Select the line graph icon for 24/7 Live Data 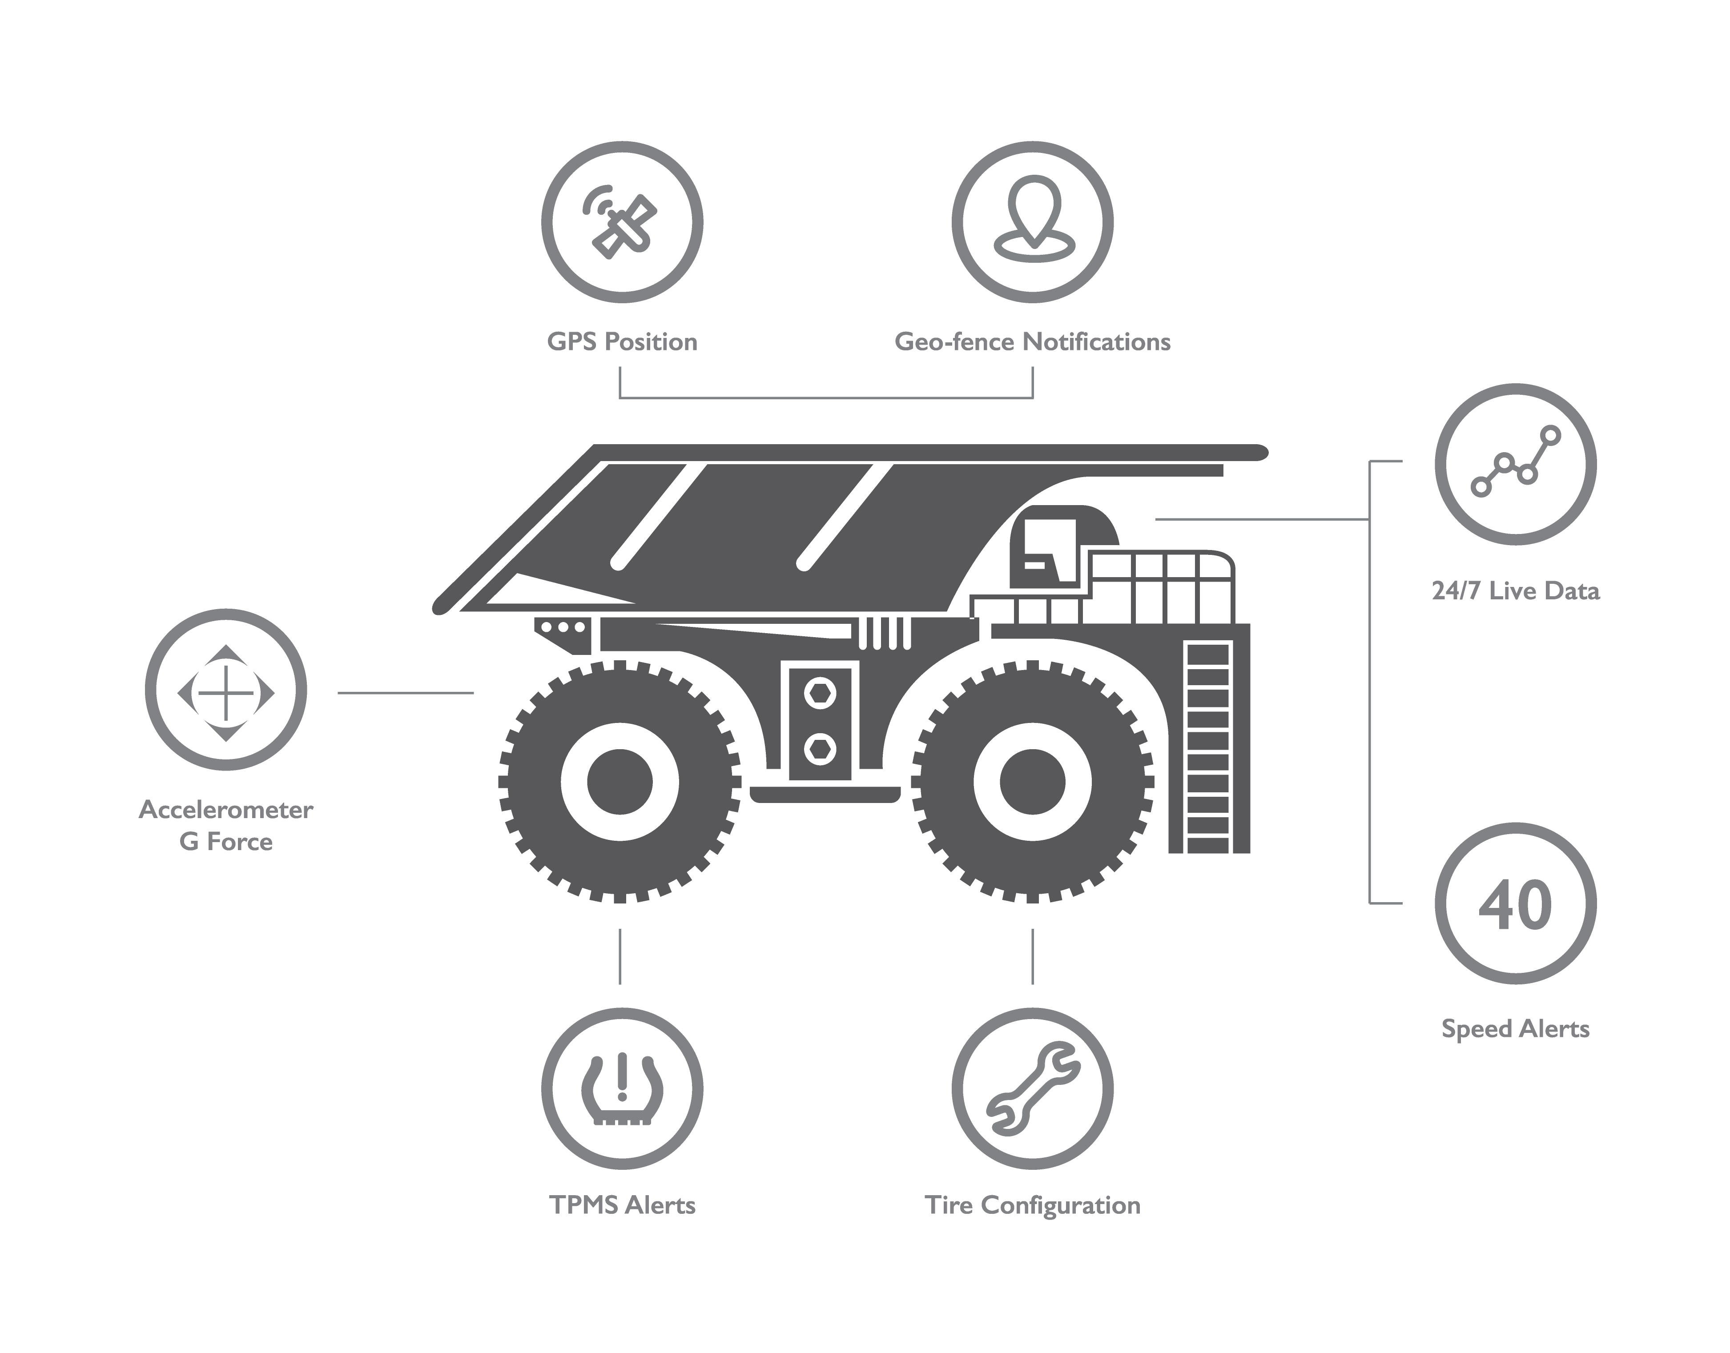pos(1515,463)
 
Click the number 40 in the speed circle pos(1515,904)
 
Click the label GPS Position pos(622,341)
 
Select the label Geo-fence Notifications pos(1032,341)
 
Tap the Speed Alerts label pos(1515,1029)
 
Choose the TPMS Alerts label pos(622,1205)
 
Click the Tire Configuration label pos(1032,1205)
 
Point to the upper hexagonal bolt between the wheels pos(819,692)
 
